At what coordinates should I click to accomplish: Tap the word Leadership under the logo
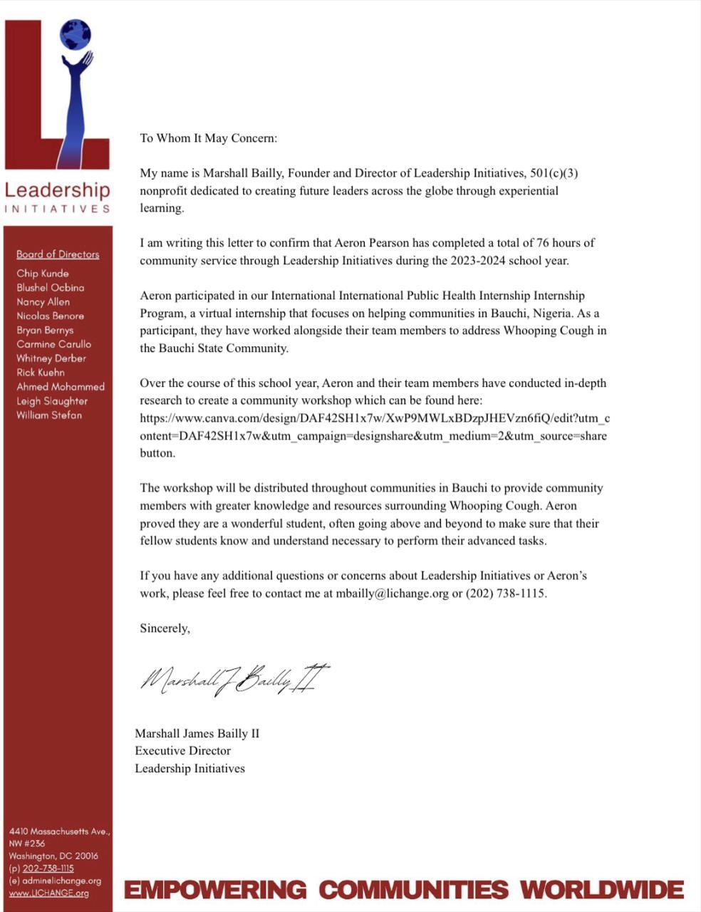58,190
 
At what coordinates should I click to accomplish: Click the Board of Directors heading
58,254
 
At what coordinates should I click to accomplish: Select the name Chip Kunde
43,274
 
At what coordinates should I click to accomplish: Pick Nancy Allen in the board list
43,302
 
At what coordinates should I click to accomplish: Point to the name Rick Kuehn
41,373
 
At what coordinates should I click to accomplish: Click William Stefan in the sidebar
49,415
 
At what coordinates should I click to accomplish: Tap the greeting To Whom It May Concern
208,138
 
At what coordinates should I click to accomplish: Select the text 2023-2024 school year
509,261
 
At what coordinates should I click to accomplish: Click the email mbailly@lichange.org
393,594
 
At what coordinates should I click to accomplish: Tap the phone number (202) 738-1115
506,594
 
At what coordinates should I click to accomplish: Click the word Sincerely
165,628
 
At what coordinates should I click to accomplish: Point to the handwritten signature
234,678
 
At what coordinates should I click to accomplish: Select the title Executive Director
183,751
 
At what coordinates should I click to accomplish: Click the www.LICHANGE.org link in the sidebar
49,893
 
